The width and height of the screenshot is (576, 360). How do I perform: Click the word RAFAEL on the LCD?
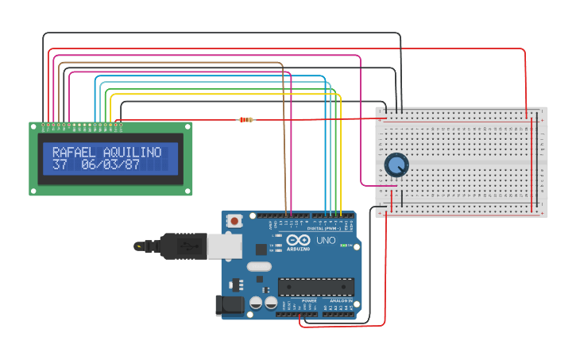click(75, 152)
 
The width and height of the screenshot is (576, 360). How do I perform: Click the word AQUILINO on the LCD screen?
click(132, 152)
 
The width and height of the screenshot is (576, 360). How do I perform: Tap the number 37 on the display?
click(60, 165)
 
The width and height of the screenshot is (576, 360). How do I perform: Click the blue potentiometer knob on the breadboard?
click(396, 165)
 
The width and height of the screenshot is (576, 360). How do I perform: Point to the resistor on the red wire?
click(246, 120)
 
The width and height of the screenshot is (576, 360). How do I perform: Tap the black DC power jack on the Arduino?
click(230, 305)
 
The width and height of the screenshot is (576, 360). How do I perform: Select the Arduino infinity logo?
click(299, 241)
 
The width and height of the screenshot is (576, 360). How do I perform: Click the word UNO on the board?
click(326, 240)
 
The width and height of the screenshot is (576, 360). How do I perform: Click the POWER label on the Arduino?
click(309, 301)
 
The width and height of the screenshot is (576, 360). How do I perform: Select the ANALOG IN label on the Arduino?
click(340, 301)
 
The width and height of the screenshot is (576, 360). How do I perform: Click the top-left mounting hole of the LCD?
click(33, 126)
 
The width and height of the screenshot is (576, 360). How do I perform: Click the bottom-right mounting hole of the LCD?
click(188, 191)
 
